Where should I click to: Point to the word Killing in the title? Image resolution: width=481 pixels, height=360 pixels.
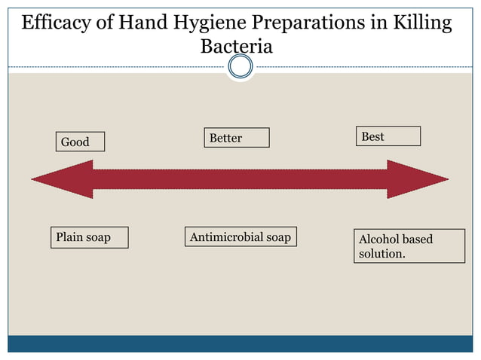coord(422,23)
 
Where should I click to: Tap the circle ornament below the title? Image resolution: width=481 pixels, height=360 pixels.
coord(240,68)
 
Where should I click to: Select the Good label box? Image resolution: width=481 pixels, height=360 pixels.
coord(80,142)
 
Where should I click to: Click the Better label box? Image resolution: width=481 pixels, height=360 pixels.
coord(236,138)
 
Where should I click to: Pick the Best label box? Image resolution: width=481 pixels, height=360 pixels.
coord(388,136)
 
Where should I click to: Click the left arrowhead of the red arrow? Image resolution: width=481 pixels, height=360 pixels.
coord(60,179)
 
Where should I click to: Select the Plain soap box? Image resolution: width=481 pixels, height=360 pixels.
coord(89,237)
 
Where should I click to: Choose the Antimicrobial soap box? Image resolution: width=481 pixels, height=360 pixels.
coord(240,237)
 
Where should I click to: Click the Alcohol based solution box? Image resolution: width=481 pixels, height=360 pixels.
coord(409,246)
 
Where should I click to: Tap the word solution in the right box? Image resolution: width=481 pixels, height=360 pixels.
coord(381,254)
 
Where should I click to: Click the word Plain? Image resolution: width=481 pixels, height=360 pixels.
coord(69,237)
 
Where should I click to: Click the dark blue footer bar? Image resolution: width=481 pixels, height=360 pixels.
coord(240,344)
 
